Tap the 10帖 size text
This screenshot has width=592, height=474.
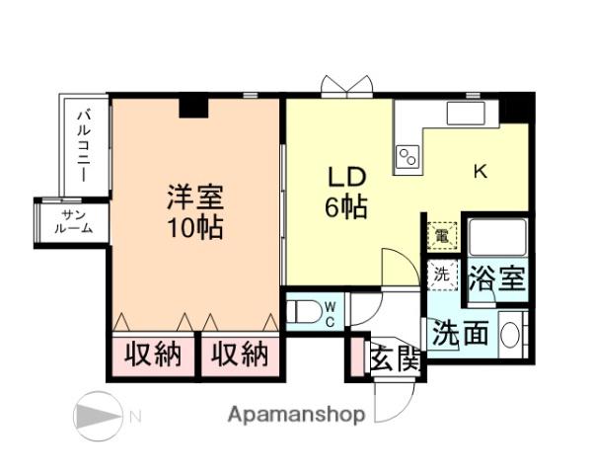pyautogui.click(x=194, y=228)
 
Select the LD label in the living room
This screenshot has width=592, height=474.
pyautogui.click(x=347, y=178)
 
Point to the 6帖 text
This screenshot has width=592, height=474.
pyautogui.click(x=347, y=208)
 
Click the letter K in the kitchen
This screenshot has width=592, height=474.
pyautogui.click(x=481, y=172)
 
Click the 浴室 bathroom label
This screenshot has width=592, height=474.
pyautogui.click(x=496, y=277)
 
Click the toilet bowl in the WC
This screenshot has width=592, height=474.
pyautogui.click(x=307, y=314)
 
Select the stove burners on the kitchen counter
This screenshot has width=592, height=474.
pyautogui.click(x=407, y=156)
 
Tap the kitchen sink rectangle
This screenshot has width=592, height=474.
pyautogui.click(x=467, y=113)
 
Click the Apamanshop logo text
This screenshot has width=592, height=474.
pyautogui.click(x=296, y=415)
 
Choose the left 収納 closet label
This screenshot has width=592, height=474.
pyautogui.click(x=152, y=355)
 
